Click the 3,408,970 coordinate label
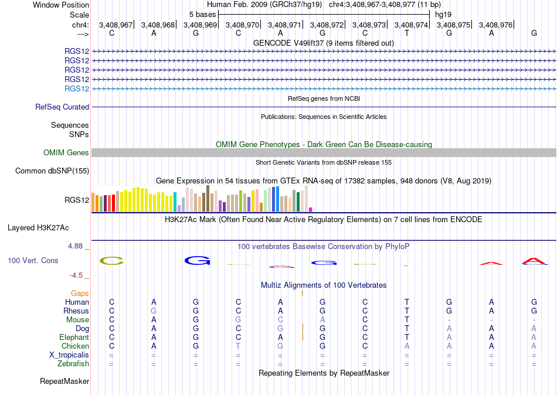point(242,25)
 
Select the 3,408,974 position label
point(412,25)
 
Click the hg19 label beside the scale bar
point(443,15)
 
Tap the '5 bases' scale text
point(202,15)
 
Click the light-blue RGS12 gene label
point(77,89)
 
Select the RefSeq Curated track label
point(62,107)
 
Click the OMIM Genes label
point(66,153)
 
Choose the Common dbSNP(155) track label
point(52,171)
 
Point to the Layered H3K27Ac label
point(38,228)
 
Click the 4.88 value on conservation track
point(75,246)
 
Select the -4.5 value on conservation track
point(77,275)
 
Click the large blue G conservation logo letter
point(198,260)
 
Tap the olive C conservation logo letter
point(112,261)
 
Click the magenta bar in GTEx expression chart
point(311,210)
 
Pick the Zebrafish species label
point(73,364)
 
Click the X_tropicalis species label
point(69,355)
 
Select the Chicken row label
point(75,346)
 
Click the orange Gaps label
point(80,294)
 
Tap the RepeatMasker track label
point(64,382)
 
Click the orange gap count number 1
point(302,294)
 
